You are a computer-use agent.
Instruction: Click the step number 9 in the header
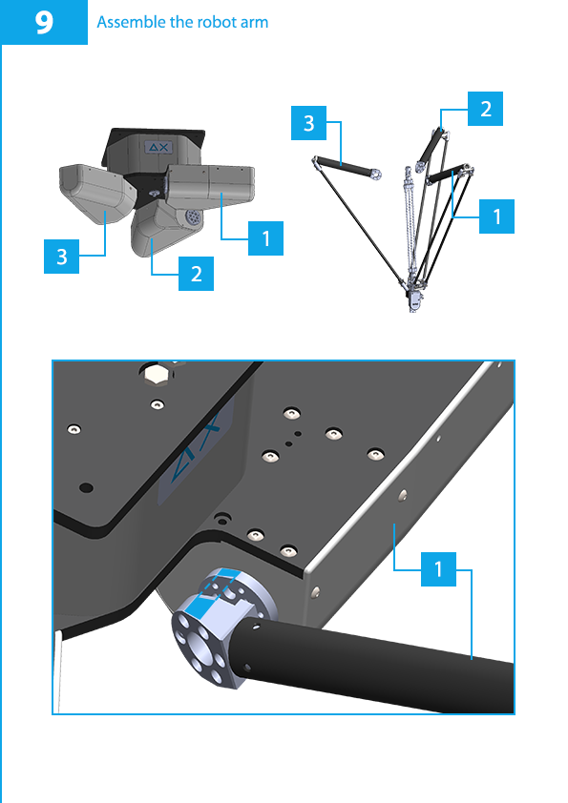click(44, 23)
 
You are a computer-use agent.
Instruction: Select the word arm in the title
click(253, 23)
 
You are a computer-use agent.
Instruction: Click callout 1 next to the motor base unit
click(265, 238)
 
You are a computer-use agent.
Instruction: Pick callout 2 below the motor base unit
click(196, 274)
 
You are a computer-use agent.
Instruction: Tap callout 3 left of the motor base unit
click(61, 256)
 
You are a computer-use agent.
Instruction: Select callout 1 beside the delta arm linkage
click(496, 216)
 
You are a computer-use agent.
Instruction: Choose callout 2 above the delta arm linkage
click(485, 109)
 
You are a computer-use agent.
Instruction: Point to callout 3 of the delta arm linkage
click(308, 123)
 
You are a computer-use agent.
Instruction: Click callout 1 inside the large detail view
click(438, 569)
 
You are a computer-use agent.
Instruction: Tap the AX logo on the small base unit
click(158, 148)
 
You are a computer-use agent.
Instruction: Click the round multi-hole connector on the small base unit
click(192, 216)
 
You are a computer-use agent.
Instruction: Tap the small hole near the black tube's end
click(248, 667)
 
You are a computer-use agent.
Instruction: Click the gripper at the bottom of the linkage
click(413, 299)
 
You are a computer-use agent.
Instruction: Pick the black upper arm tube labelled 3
click(346, 168)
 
